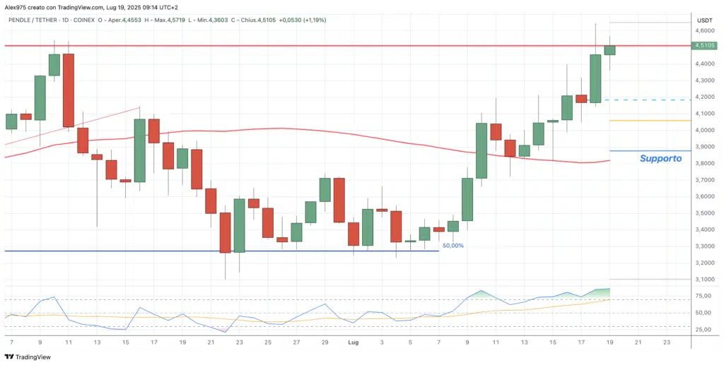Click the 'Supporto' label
point(660,159)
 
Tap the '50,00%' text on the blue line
point(452,246)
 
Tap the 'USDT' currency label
point(704,20)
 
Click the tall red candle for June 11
point(68,90)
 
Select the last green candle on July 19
point(609,49)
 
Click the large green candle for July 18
point(595,78)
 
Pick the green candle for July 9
point(467,199)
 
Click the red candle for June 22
point(225,232)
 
